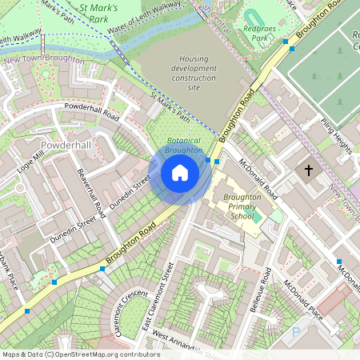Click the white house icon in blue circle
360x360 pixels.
click(180, 173)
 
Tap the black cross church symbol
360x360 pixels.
click(308, 170)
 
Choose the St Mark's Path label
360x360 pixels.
click(170, 106)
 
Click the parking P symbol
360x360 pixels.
click(297, 332)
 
